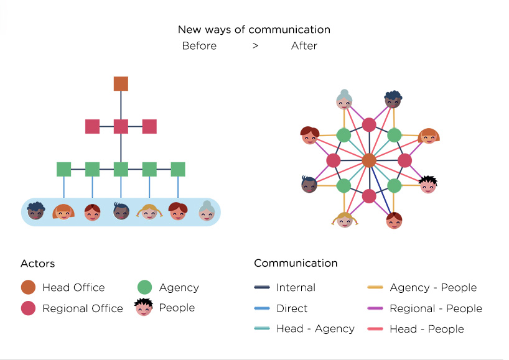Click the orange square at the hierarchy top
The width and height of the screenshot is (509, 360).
point(121,84)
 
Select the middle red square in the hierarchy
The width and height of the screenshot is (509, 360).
point(121,126)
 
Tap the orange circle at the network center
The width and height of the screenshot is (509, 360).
point(369,160)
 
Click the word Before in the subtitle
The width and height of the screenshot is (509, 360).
point(199,46)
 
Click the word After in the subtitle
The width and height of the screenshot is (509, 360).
point(304,46)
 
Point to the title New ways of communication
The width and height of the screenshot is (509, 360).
point(254,30)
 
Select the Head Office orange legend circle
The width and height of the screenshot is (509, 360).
point(28,287)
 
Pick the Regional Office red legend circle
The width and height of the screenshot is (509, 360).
point(28,308)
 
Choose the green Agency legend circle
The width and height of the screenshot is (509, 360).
point(144,287)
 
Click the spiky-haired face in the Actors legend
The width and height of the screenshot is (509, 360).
point(144,307)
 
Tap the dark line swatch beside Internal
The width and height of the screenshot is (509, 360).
point(262,288)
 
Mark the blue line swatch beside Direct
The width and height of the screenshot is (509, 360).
point(262,308)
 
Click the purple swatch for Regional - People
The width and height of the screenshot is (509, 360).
point(376,308)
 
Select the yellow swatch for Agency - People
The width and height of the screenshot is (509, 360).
point(376,288)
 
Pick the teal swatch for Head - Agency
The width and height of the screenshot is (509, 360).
point(262,329)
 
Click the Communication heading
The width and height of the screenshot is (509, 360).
point(296,263)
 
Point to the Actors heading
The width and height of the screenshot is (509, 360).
point(37,264)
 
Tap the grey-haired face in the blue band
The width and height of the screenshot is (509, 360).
point(206,211)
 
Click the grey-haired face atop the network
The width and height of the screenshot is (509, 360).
point(344,99)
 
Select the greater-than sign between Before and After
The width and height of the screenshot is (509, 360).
point(256,46)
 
